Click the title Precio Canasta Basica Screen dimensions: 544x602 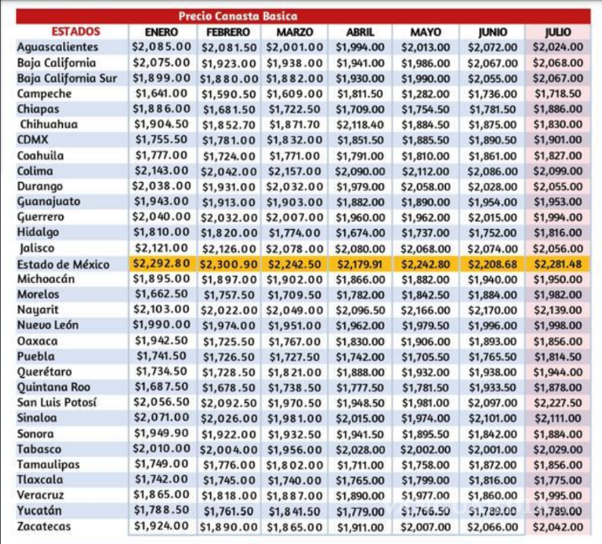238,16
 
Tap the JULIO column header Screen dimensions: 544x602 558,32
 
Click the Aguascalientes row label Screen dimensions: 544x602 57,47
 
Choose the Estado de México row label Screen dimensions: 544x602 63,264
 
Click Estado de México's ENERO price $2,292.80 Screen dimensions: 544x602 160,264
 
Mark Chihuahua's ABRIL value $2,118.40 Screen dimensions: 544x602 360,124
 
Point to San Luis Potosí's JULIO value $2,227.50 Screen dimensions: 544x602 558,403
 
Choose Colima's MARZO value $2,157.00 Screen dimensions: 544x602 294,170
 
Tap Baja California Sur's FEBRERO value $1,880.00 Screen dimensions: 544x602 228,78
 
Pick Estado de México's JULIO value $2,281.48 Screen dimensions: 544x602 558,264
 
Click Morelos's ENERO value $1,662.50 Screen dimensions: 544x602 160,295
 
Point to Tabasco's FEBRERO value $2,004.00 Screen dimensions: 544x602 228,449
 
